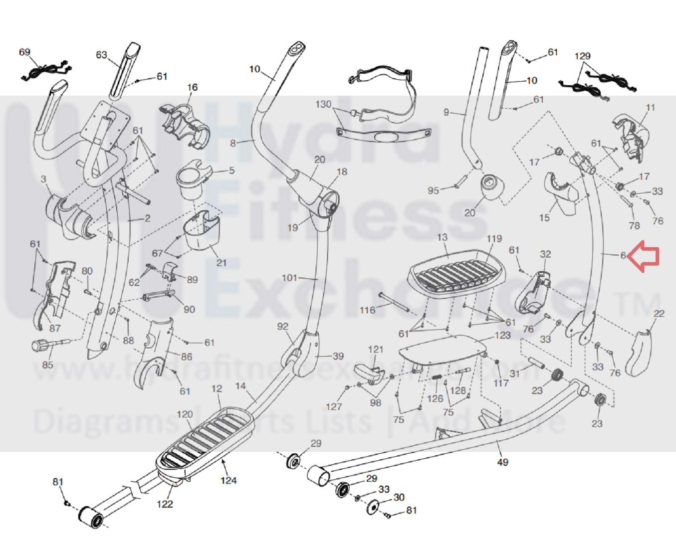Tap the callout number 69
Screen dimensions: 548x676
24,52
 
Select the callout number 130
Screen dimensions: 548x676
323,104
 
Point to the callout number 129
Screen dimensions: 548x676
582,56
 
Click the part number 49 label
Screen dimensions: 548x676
502,462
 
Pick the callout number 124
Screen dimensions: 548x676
228,481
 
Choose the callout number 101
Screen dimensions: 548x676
289,278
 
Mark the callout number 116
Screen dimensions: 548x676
367,310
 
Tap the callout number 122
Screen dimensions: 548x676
165,504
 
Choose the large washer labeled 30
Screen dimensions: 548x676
372,508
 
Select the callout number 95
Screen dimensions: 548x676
433,190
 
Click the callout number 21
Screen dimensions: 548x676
222,262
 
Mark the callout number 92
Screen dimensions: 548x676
282,327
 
